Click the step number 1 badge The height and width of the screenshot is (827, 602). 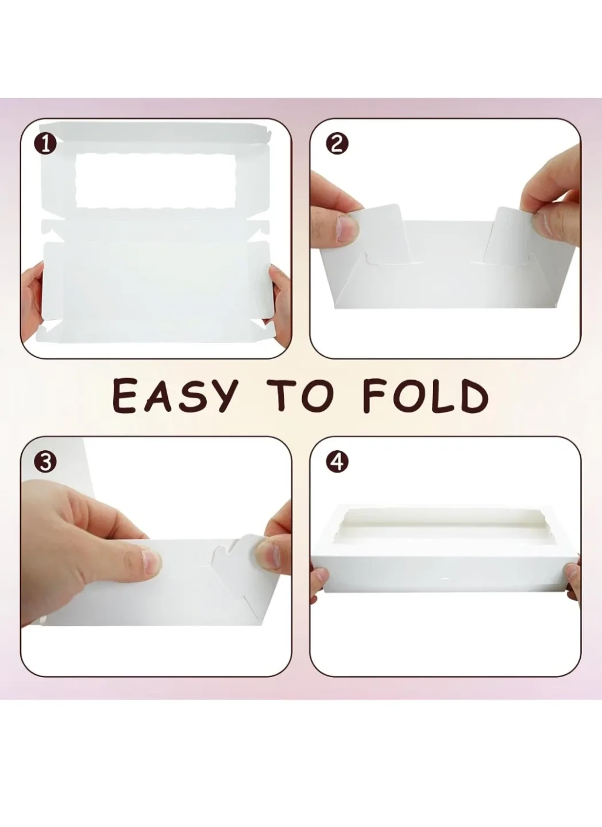click(45, 144)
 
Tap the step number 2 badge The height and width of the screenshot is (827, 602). click(337, 144)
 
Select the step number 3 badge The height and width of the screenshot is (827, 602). click(45, 461)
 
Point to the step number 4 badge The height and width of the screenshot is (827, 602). click(337, 461)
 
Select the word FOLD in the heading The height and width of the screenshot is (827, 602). click(426, 396)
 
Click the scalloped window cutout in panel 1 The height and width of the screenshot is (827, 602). click(155, 180)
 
